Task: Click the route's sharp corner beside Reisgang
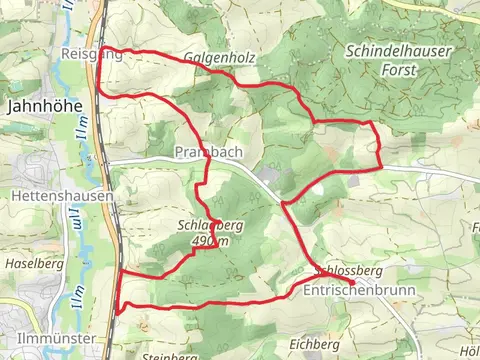tap(102, 48)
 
